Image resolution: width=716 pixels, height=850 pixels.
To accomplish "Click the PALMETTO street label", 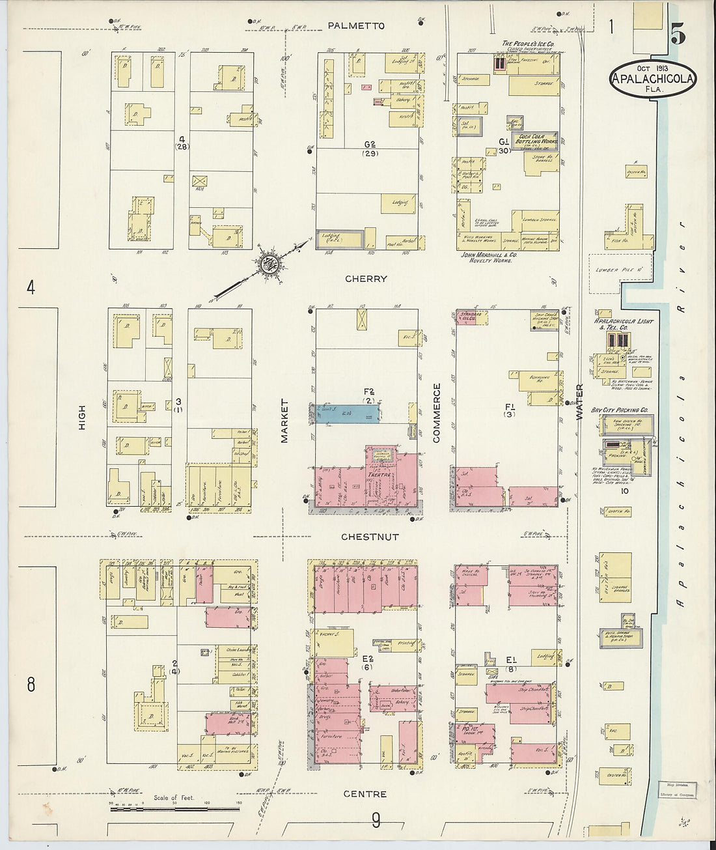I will coord(356,26).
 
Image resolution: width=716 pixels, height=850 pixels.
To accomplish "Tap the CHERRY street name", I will coord(366,279).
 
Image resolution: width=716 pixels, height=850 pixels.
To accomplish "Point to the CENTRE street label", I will coord(366,794).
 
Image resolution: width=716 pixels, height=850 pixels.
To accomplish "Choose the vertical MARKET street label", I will coord(284,421).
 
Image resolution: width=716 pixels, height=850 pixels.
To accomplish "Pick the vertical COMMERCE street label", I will coord(437,413).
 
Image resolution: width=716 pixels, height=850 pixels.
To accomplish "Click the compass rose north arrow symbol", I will coord(268,264).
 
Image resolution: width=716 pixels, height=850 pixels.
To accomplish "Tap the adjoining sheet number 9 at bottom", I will coord(376,820).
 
